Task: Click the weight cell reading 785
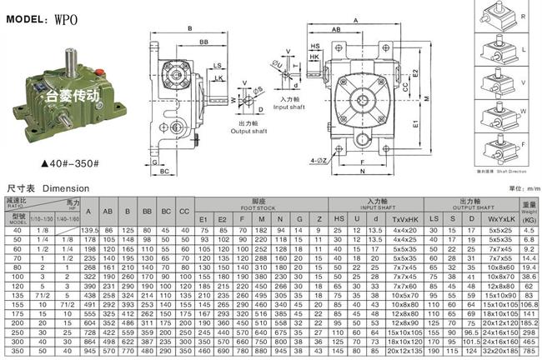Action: point(528,352)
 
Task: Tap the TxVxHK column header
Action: point(404,218)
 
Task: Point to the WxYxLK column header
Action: point(499,218)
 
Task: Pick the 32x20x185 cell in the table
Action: point(500,352)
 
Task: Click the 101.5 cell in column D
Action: point(473,342)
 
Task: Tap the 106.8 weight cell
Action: point(528,306)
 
